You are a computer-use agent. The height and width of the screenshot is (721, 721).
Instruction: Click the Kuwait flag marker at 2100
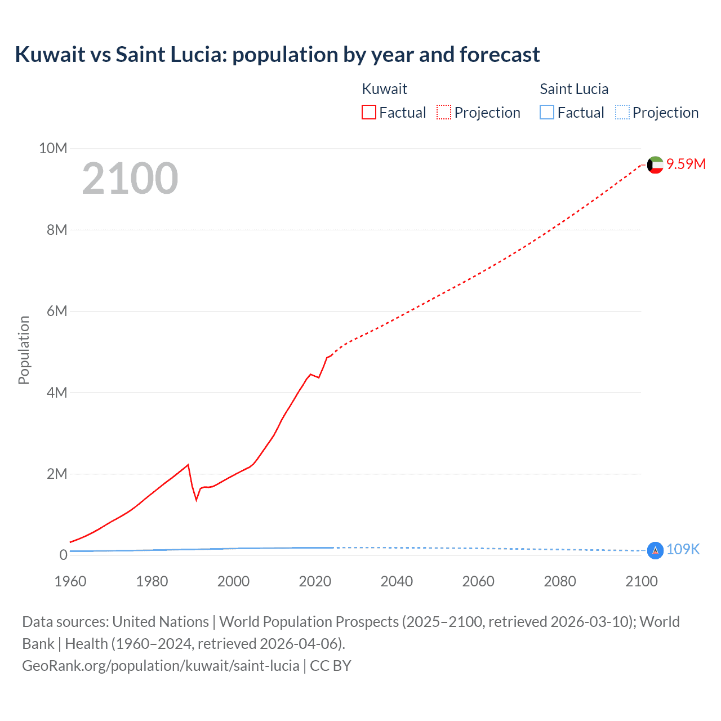pyautogui.click(x=655, y=165)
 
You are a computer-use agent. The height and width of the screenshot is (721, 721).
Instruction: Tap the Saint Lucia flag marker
pyautogui.click(x=655, y=550)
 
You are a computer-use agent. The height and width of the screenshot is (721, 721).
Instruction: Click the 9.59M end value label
pyautogui.click(x=686, y=164)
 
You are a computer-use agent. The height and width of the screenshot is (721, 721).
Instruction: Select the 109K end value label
pyautogui.click(x=683, y=549)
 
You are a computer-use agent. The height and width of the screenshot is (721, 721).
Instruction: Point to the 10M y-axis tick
pyautogui.click(x=53, y=148)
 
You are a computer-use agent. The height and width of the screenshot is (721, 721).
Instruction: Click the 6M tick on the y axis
pyautogui.click(x=57, y=311)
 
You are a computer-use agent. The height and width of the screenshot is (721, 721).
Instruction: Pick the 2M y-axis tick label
pyautogui.click(x=57, y=474)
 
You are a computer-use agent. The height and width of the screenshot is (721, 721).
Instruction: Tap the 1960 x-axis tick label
pyautogui.click(x=70, y=581)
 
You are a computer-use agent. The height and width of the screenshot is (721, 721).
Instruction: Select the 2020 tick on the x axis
pyautogui.click(x=315, y=581)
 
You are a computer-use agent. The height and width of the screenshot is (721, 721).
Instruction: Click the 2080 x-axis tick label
pyautogui.click(x=560, y=581)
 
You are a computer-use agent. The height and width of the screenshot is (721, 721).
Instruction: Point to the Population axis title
pyautogui.click(x=24, y=350)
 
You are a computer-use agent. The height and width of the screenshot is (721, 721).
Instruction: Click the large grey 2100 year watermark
pyautogui.click(x=130, y=179)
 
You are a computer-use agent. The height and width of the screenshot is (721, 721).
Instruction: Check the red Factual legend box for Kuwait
pyautogui.click(x=369, y=112)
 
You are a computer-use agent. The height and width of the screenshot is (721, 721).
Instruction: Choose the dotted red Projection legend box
pyautogui.click(x=444, y=112)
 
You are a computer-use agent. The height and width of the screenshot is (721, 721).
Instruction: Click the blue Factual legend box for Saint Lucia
pyautogui.click(x=547, y=112)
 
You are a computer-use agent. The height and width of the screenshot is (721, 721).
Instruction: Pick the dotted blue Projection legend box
pyautogui.click(x=622, y=112)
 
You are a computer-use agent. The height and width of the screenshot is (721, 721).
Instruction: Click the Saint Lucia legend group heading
pyautogui.click(x=574, y=89)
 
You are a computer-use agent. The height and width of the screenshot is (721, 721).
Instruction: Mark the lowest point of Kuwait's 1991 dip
pyautogui.click(x=197, y=500)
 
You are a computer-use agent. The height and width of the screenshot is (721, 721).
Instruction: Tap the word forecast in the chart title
pyautogui.click(x=500, y=55)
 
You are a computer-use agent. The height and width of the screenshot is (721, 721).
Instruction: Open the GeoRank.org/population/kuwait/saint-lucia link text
pyautogui.click(x=161, y=666)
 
